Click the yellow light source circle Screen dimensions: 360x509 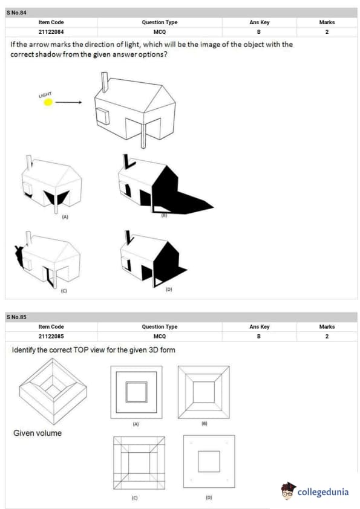coord(48,102)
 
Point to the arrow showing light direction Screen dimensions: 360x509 coord(68,102)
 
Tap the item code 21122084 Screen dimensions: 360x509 coord(51,32)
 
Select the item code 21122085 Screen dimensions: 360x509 coord(51,336)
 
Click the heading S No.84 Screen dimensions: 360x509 coord(16,13)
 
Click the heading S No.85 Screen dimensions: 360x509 coord(16,317)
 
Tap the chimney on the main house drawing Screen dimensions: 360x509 coord(105,82)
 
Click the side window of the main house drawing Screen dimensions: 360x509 coord(103,117)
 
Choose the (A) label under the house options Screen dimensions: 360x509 coord(65,217)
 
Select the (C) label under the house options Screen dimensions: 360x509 coord(64,291)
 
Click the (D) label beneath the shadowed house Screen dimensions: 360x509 coord(169,289)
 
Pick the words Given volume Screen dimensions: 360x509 coord(38,433)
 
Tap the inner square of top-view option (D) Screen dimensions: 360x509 coord(209,461)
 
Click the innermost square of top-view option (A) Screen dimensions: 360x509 coord(137,392)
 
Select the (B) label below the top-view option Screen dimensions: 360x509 coord(205,423)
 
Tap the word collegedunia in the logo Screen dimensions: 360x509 coord(323,492)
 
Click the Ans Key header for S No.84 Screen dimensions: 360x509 coord(260,22)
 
